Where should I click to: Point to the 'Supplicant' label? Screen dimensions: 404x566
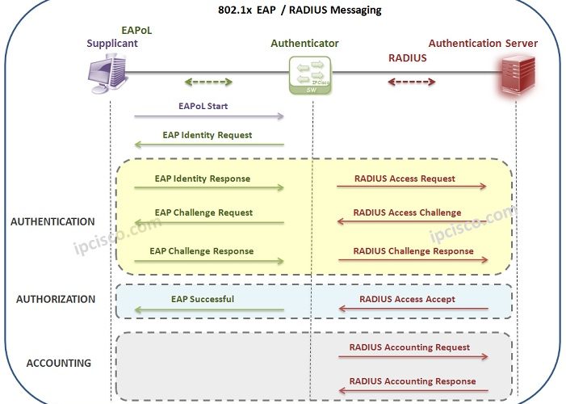(x=112, y=43)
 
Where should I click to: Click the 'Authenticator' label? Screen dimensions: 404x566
(x=304, y=43)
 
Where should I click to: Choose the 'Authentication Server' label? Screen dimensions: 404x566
(x=483, y=43)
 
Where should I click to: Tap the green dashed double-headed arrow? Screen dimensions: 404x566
(x=209, y=82)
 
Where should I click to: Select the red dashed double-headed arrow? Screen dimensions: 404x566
(x=412, y=82)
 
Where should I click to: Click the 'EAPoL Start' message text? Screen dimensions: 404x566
(x=203, y=106)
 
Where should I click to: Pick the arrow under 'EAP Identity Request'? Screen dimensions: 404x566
(x=209, y=145)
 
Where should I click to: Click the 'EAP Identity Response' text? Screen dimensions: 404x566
(x=203, y=179)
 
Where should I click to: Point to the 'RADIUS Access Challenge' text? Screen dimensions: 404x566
(x=407, y=213)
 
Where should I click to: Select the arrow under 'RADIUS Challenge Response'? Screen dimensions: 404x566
(x=413, y=260)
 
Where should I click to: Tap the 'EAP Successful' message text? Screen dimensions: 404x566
(x=203, y=299)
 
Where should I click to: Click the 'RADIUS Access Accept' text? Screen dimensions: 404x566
(x=407, y=299)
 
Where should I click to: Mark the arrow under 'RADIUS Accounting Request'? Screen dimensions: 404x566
(x=413, y=356)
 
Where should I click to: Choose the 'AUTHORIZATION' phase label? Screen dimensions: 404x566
(x=56, y=299)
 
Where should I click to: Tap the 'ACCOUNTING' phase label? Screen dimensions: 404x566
(x=59, y=363)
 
